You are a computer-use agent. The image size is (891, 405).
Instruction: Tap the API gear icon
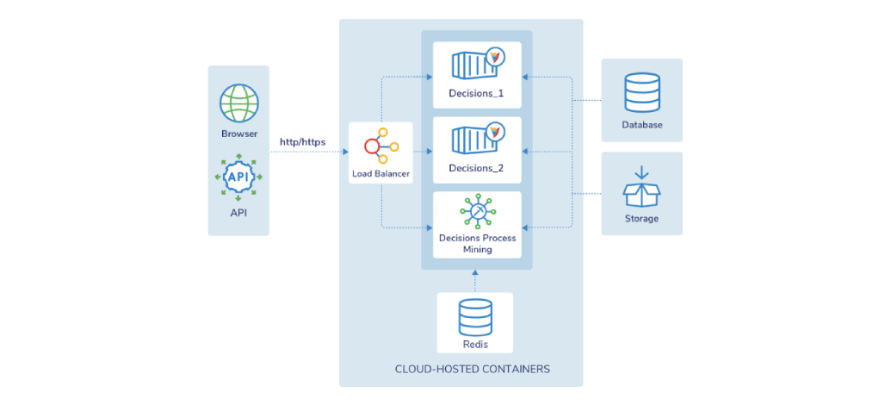pos(238,177)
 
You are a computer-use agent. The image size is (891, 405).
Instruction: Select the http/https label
pos(303,141)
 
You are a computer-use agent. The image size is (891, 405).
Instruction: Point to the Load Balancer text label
pos(381,174)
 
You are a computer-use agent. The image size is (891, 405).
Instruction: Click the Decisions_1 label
pos(477,94)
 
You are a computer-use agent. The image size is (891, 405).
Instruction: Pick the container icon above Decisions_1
pos(478,64)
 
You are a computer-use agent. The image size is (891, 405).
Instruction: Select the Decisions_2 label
pos(477,168)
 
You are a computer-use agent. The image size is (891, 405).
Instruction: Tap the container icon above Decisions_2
pos(478,138)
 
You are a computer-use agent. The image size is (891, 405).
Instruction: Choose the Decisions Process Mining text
pos(477,243)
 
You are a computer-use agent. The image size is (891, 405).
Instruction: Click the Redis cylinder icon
pos(475,318)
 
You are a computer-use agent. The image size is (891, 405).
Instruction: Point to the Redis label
pos(475,344)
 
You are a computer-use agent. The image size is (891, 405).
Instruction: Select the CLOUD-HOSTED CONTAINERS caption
pos(473,369)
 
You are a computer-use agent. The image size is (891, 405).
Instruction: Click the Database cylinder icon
pos(642,92)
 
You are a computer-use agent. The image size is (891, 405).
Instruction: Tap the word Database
pos(642,125)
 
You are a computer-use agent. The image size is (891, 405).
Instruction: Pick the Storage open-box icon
pos(641,187)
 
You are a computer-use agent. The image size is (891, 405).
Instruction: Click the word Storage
pos(641,218)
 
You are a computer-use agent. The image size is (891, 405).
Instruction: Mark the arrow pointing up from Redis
pos(475,282)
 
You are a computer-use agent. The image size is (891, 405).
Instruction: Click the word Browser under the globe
pos(239,134)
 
